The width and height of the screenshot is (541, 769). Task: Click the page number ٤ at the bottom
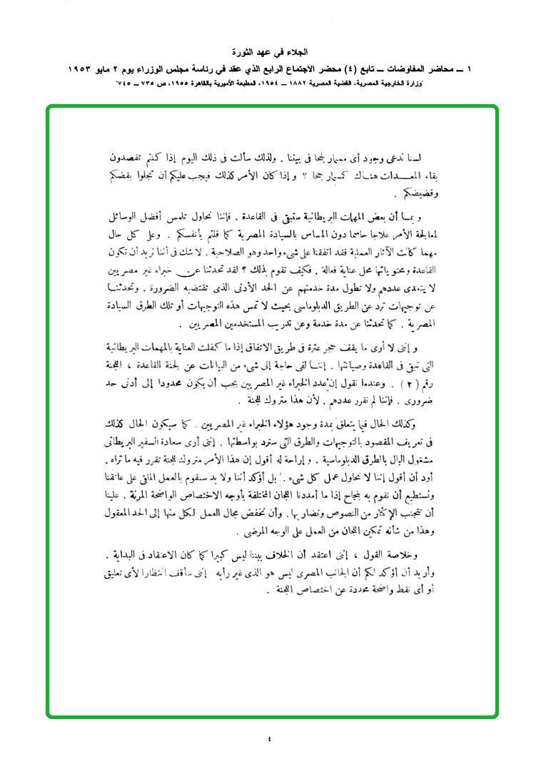[270, 738]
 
